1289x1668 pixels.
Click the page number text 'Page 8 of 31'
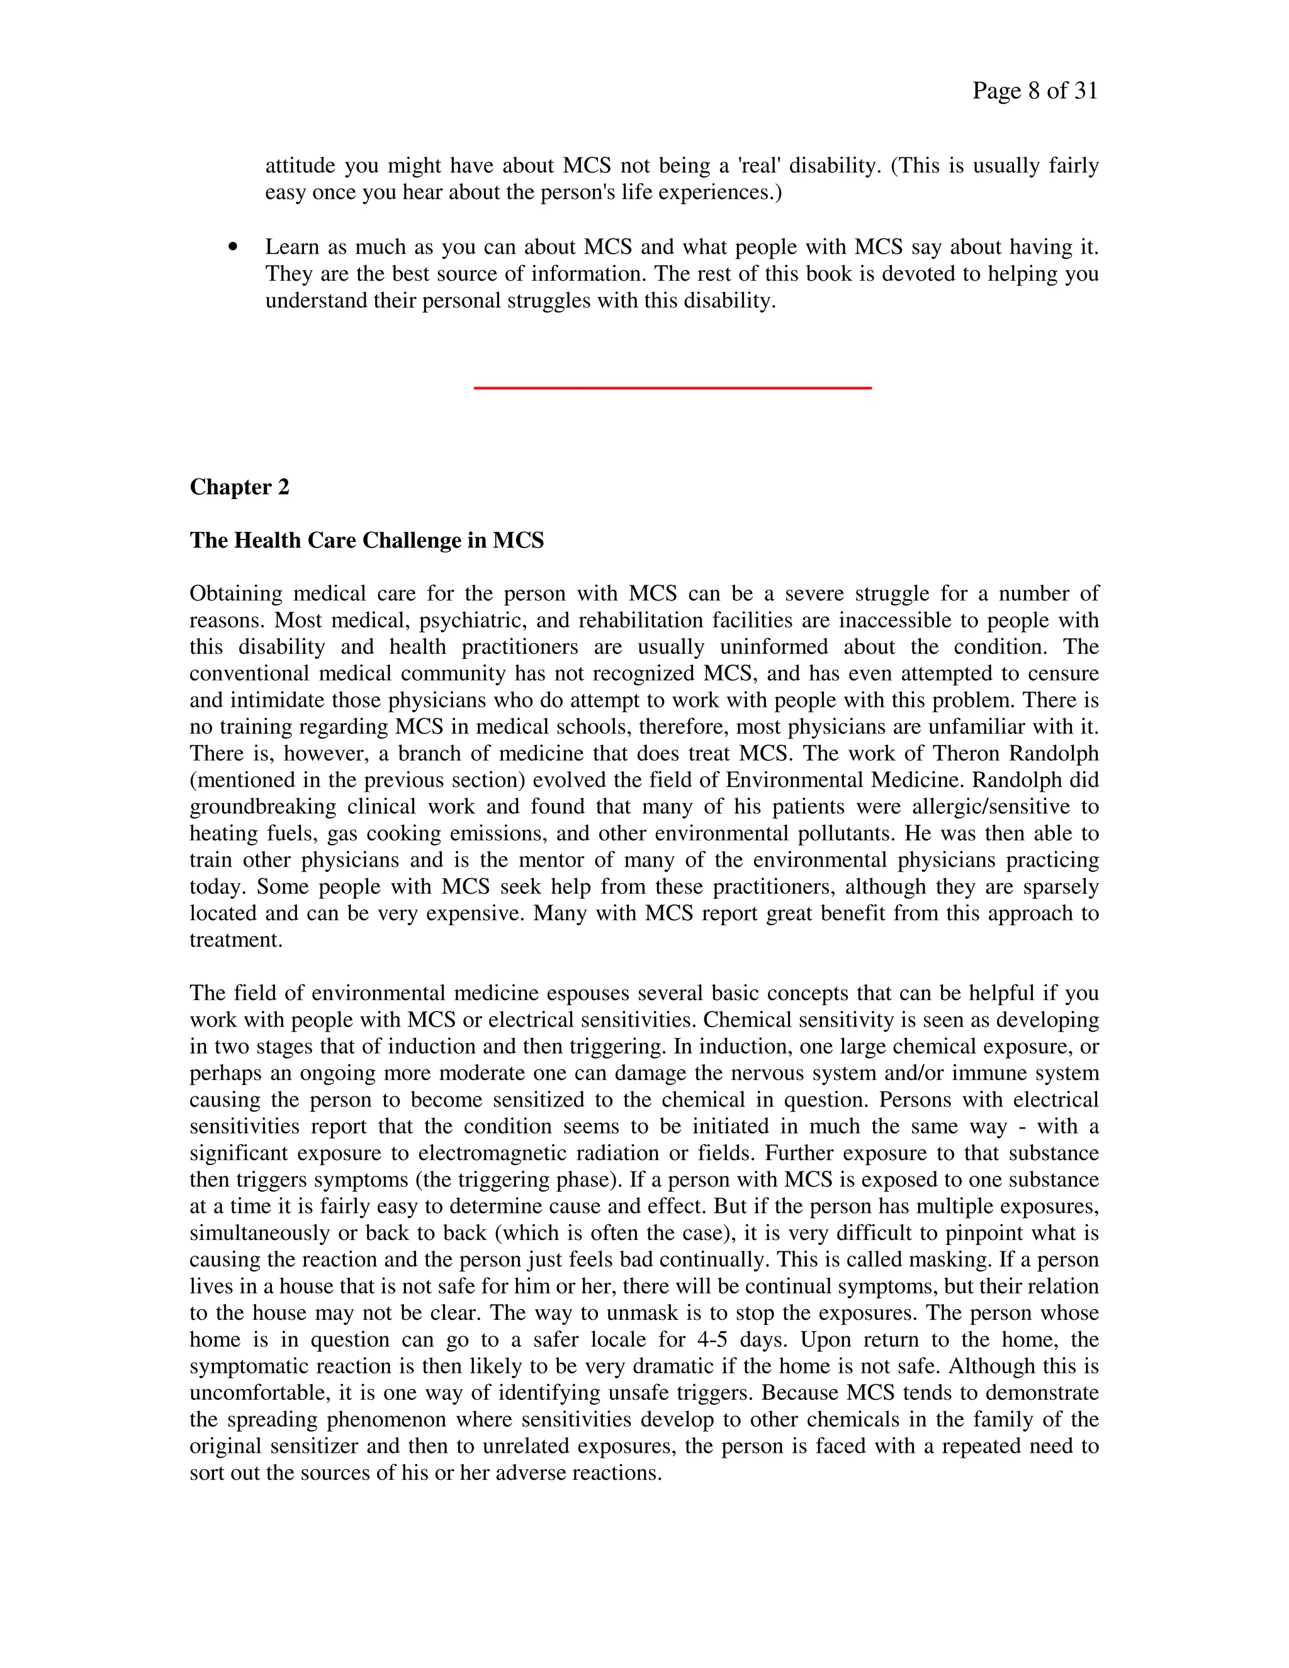1035,91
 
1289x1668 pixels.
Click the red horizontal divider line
672,388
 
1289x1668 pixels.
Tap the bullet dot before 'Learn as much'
233,247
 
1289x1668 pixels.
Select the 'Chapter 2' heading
239,487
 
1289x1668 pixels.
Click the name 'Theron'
966,754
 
